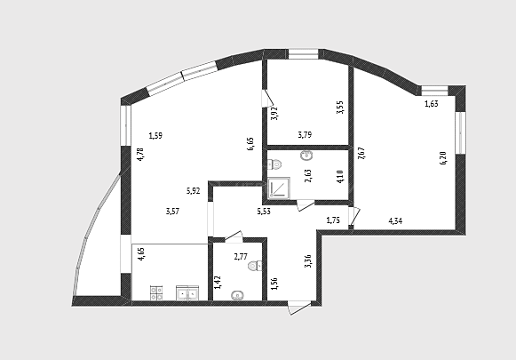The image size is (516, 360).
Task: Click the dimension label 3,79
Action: coord(305,135)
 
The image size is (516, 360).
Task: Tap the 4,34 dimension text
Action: coord(395,221)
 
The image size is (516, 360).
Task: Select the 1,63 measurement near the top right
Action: coord(432,104)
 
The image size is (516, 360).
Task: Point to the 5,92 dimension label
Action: coord(194,191)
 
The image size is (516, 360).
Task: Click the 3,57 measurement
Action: coord(173,212)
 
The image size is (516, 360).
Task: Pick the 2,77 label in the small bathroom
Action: coord(241,257)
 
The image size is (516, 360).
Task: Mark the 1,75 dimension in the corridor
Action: coord(333,220)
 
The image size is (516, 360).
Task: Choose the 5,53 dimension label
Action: coord(264,212)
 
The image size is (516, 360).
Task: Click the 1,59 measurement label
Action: coord(155,135)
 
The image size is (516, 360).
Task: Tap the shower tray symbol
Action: coord(279,188)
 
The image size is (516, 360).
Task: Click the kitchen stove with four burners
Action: coord(156,292)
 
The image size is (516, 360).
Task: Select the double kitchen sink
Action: coord(187,292)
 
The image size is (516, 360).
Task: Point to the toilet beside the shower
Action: coord(274,164)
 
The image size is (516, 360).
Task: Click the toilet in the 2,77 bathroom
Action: coord(256,266)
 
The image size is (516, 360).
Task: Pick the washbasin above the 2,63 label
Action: coord(306,156)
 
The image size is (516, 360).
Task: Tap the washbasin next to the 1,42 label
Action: coord(237,295)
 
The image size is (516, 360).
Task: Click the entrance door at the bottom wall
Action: coord(298,308)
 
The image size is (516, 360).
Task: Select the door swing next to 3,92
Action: coord(267,98)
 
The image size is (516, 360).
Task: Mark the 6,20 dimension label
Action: coord(443,157)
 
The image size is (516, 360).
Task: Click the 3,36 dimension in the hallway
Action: coord(308,261)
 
